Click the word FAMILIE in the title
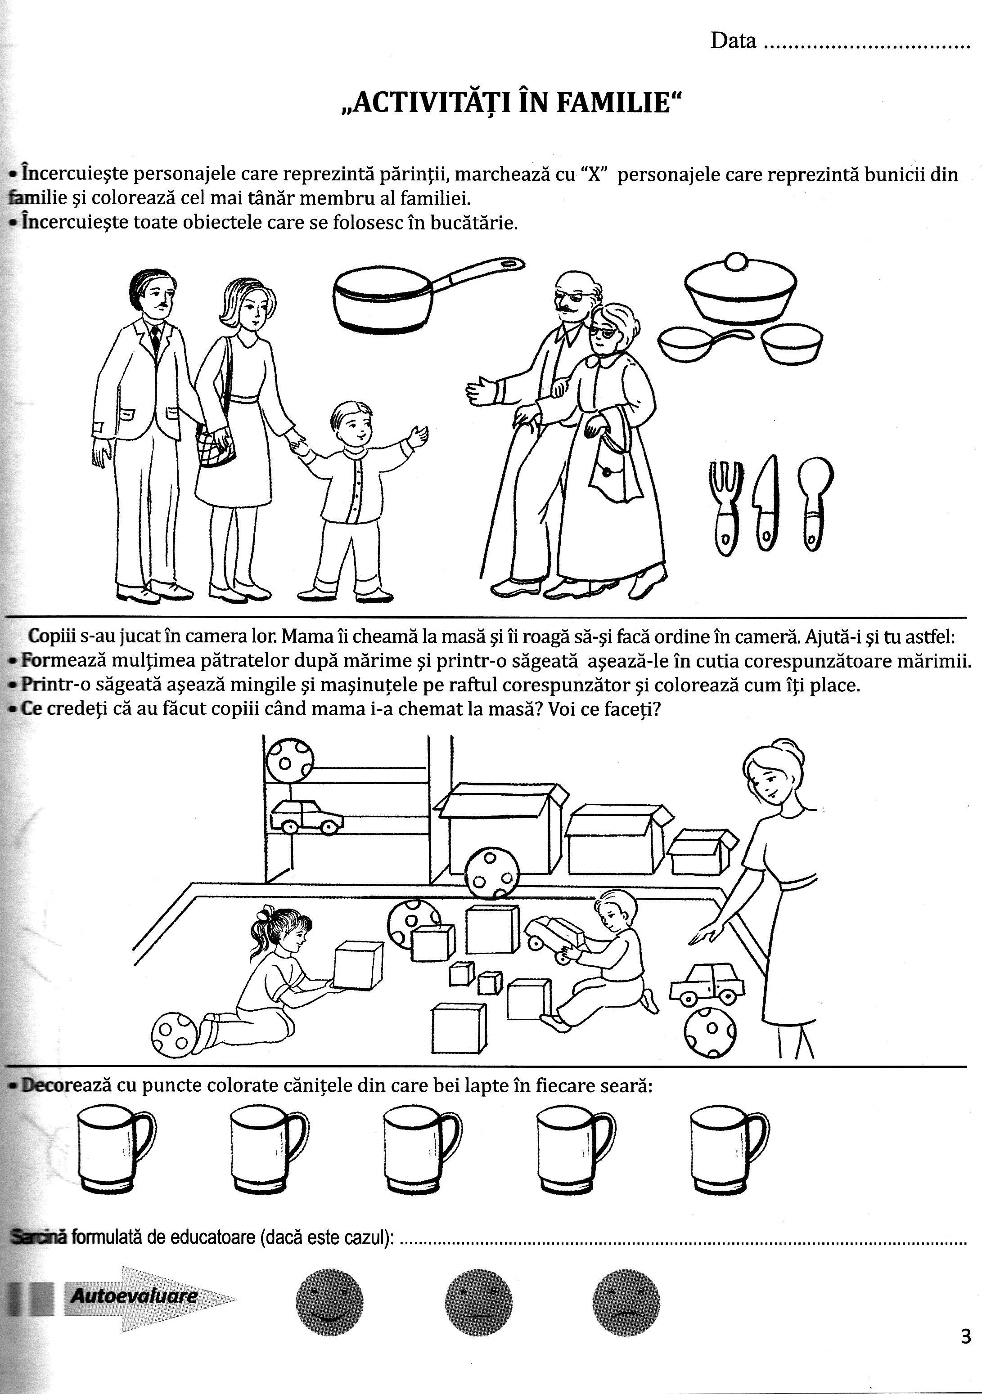tap(615, 103)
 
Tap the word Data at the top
tap(733, 41)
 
